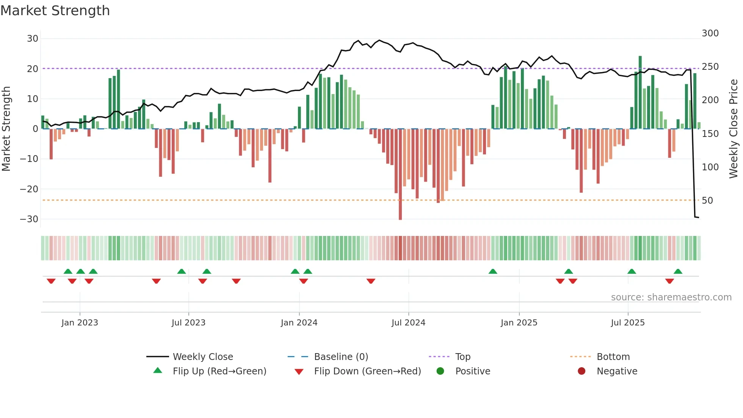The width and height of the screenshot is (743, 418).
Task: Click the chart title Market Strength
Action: [55, 11]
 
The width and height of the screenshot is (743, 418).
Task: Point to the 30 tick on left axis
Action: [33, 39]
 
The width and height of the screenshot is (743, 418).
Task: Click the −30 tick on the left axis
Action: [30, 219]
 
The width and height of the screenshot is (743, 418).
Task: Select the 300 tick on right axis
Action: [710, 33]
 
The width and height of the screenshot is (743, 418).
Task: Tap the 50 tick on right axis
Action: [707, 201]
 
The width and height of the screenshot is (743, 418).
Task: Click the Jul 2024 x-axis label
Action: [408, 323]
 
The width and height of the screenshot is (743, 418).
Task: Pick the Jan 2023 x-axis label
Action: [80, 323]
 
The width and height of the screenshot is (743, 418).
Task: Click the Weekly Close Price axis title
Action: [734, 129]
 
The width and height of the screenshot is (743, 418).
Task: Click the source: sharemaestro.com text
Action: [671, 297]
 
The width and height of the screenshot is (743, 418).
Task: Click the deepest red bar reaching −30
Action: [400, 174]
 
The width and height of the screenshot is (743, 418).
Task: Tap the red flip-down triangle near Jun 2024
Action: [371, 281]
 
